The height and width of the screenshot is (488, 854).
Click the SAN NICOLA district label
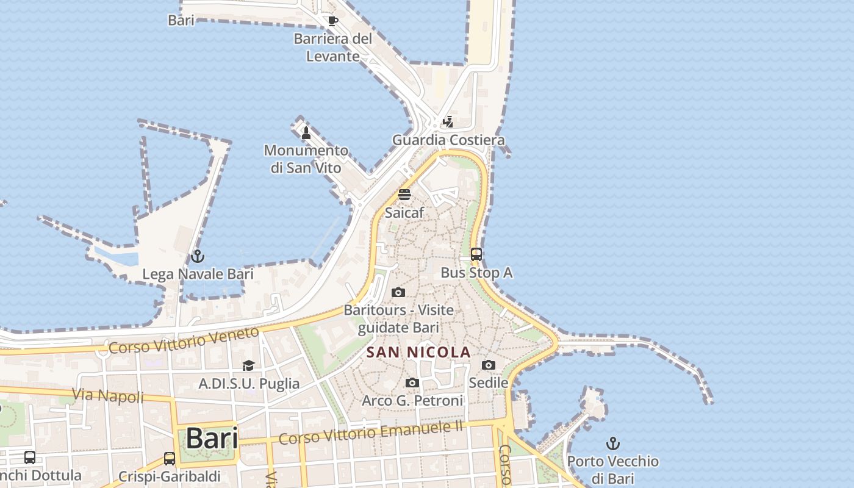418,352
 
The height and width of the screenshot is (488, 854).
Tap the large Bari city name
212,438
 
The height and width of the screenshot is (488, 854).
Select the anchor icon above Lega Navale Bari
197,256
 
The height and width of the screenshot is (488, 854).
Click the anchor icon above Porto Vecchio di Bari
613,443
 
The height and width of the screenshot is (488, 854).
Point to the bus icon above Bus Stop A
476,254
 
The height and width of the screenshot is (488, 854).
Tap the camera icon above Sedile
488,365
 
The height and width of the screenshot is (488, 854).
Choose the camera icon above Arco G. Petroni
412,382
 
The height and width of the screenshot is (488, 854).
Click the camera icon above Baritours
398,292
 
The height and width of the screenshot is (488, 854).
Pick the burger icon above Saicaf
404,195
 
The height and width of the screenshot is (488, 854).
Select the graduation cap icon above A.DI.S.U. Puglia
248,365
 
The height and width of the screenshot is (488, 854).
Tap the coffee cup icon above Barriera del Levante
332,21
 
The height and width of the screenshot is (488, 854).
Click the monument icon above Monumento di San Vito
306,132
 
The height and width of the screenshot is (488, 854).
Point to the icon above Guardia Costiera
448,122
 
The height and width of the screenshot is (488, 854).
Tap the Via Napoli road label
109,396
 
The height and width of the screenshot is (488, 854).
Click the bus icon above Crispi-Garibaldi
170,458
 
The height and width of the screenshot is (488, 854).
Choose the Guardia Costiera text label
448,140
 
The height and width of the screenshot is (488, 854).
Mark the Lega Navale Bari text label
198,274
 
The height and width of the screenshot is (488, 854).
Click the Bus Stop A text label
476,273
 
